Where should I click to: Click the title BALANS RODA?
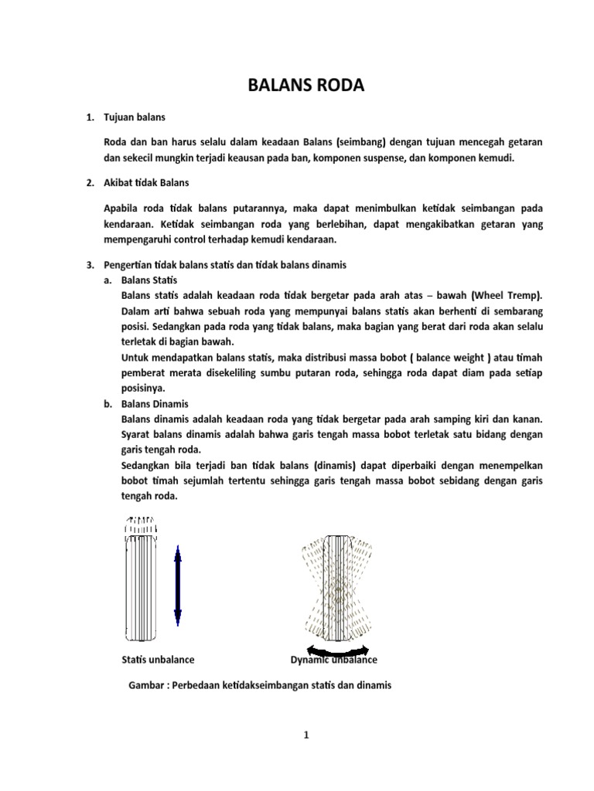click(305, 86)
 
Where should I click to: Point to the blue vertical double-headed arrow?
click(177, 586)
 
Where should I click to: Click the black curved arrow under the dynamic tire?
click(336, 650)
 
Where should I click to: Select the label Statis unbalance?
click(158, 660)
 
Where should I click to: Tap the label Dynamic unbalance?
click(333, 660)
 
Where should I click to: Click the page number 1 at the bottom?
click(306, 735)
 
